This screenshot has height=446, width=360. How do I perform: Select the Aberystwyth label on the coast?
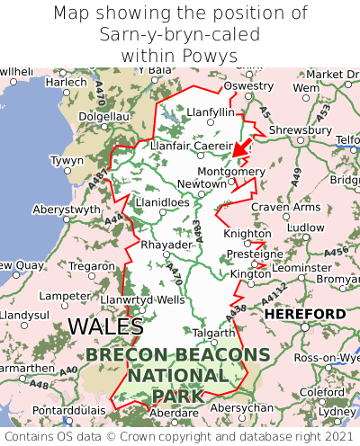pos(67,209)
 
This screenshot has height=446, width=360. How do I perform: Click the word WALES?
pos(106,326)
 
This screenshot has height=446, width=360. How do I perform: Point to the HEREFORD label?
pos(305,314)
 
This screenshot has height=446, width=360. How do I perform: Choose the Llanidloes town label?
pos(162,203)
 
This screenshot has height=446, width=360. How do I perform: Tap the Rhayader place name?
pos(166,245)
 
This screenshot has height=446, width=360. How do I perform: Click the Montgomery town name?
pos(231,172)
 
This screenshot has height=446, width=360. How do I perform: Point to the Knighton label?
pos(247,234)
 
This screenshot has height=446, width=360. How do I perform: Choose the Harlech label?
pos(67,82)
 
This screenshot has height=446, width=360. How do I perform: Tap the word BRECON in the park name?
pos(130,355)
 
